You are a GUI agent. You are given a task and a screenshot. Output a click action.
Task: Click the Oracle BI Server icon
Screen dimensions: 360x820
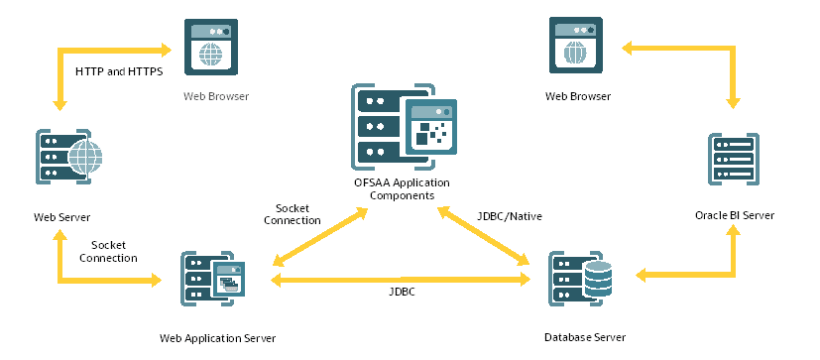733,158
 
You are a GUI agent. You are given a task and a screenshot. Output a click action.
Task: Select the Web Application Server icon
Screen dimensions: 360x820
212,278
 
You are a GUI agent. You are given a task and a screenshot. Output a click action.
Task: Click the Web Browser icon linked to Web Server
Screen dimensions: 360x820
211,46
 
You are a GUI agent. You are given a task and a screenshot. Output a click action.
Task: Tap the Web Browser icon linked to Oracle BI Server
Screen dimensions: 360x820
576,46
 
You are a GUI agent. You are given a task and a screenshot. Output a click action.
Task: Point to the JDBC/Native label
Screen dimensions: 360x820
510,214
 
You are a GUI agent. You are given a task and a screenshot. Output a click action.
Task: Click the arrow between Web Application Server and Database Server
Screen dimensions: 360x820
402,281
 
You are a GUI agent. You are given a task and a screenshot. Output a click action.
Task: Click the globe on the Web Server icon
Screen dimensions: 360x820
86,157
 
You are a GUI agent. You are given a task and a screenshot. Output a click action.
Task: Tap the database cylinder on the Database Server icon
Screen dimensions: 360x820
598,281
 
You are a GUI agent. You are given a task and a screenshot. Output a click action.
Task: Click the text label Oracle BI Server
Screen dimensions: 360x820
733,215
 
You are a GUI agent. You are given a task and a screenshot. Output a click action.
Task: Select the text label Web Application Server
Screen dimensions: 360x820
217,338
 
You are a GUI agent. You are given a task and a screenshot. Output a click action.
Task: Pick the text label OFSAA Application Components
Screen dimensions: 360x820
402,189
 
